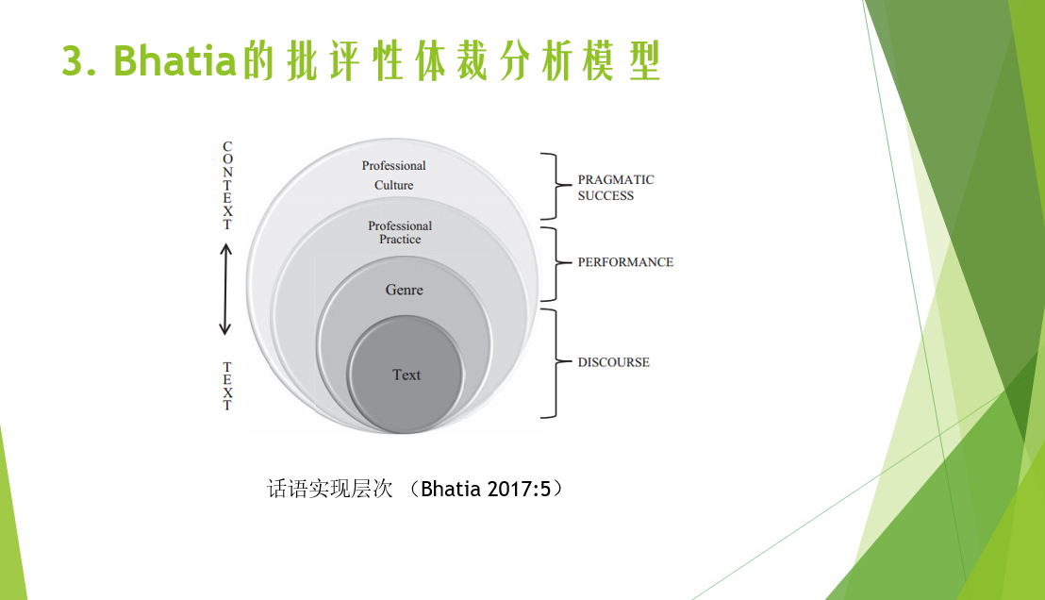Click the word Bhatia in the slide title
pos(175,60)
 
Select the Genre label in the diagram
pos(404,290)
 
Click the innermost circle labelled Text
pos(405,374)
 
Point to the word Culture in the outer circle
pos(393,185)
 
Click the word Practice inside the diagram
pos(400,240)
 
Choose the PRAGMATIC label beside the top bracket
pos(616,179)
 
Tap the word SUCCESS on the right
pos(605,195)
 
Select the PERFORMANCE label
pos(625,262)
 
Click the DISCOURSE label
pos(613,362)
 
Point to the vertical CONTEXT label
pos(227,185)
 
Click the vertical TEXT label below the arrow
pos(227,386)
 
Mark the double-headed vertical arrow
pos(226,290)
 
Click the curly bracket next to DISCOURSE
pos(556,363)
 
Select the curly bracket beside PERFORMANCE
pos(556,264)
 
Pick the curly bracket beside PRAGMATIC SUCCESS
pos(556,186)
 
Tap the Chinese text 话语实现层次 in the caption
pos(330,489)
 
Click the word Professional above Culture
pos(393,165)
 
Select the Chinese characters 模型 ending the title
pos(622,60)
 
